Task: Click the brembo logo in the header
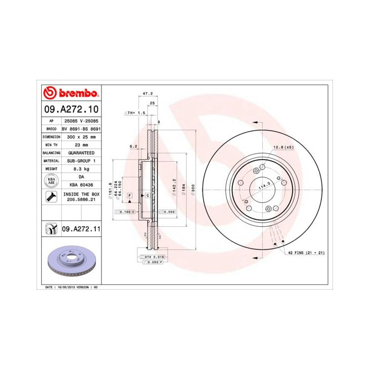(x=70, y=94)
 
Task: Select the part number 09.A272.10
(x=70, y=110)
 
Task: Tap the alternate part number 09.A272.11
(x=81, y=229)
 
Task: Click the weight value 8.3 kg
(x=81, y=168)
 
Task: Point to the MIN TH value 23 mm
(x=81, y=144)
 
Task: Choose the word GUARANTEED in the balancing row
(x=81, y=152)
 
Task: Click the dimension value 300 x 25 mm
(x=81, y=136)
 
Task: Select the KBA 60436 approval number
(x=81, y=184)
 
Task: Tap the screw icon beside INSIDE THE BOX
(x=51, y=197)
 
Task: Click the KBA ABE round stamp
(x=51, y=180)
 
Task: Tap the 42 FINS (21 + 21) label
(x=306, y=253)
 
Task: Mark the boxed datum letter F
(x=129, y=196)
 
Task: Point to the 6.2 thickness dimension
(x=133, y=146)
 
